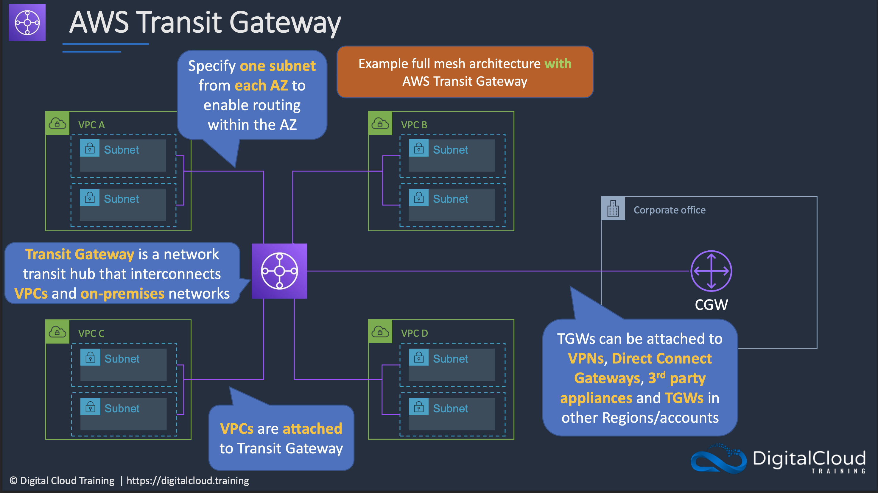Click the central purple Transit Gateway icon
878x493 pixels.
pos(279,271)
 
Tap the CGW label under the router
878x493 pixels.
pos(711,305)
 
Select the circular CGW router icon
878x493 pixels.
pos(711,271)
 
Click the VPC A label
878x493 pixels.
pos(91,125)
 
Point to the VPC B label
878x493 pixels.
pos(414,125)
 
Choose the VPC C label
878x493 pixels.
pos(91,333)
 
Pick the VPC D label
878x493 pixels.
pos(414,333)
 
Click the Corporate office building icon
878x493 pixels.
pos(613,208)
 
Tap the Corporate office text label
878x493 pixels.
pos(670,210)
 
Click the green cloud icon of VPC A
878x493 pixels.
pos(57,123)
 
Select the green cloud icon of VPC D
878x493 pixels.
pos(380,332)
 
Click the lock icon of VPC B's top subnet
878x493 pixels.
pos(418,148)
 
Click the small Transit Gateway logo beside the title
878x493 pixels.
pos(27,23)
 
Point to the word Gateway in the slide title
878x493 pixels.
pos(285,23)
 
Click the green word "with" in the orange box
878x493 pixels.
pos(558,64)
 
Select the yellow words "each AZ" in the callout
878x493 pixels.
pos(261,85)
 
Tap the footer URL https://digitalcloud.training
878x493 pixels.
pos(188,480)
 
